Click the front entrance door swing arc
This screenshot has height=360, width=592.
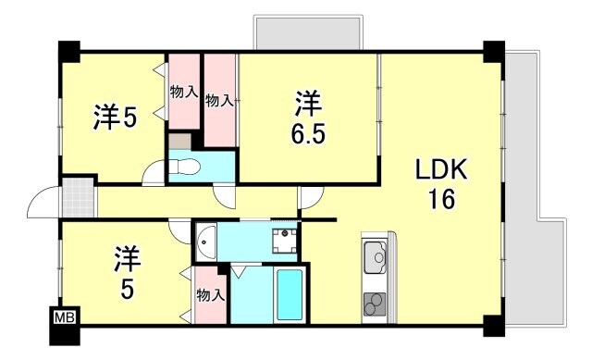(43, 202)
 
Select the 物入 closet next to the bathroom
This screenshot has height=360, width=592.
(210, 295)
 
